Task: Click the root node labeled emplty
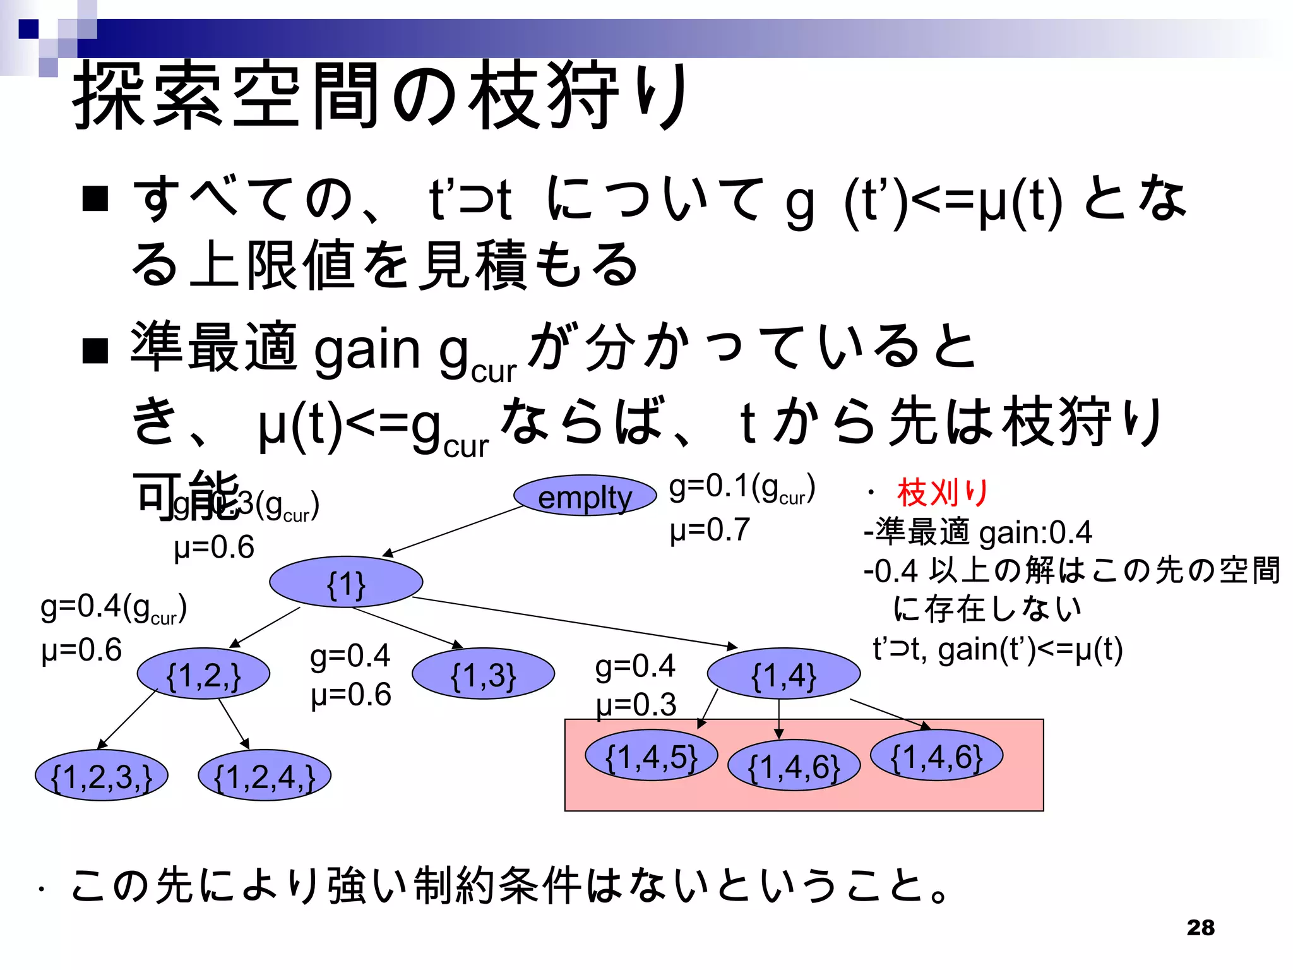click(585, 496)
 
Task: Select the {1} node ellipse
click(346, 582)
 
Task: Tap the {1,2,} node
click(203, 674)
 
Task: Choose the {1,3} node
click(483, 674)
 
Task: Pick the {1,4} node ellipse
click(784, 674)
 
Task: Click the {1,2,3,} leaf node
click(102, 775)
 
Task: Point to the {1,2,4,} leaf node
click(265, 775)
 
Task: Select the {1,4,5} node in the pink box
click(652, 755)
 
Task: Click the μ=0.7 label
click(710, 530)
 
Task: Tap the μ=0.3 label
click(636, 705)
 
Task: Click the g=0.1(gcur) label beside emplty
click(742, 488)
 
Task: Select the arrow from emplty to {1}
click(453, 531)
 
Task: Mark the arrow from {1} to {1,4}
click(575, 622)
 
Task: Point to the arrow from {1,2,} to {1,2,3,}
click(128, 719)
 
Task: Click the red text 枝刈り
click(943, 493)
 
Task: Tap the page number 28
click(1200, 927)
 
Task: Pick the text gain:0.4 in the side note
click(1035, 532)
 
